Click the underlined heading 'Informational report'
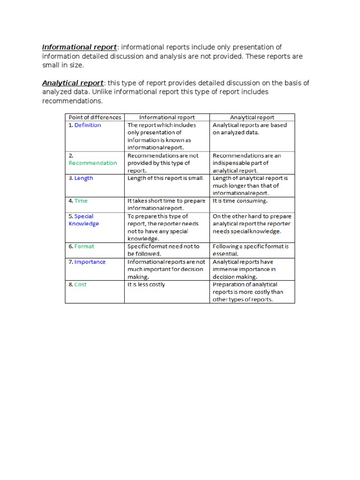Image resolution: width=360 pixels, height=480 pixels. pos(79,47)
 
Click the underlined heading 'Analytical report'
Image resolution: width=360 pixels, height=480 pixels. pos(73,83)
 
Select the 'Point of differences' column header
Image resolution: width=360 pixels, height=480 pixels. pos(95,117)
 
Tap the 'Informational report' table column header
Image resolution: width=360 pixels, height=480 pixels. pos(167,117)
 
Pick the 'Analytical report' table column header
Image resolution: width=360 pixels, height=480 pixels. pos(252,117)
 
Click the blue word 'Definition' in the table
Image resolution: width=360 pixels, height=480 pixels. pos(88,125)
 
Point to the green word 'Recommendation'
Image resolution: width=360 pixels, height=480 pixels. pos(93,163)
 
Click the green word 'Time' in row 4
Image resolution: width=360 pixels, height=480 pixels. pos(81,201)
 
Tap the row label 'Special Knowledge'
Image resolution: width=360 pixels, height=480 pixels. pos(84,220)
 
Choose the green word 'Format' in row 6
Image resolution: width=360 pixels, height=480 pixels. pos(84,246)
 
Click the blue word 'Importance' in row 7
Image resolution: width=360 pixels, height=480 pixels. pos(90,262)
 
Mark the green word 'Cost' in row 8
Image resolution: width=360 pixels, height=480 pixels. pos(81,285)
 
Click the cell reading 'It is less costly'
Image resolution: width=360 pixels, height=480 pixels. pos(146,285)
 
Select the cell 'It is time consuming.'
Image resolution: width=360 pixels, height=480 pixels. pos(240,201)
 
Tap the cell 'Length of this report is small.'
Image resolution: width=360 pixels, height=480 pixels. pos(165,178)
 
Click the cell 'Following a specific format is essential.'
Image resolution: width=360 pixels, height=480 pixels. pos(250,250)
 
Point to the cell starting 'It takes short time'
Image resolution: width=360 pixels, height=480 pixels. pos(166,204)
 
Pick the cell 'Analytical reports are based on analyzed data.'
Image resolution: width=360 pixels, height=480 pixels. pos(250,129)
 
